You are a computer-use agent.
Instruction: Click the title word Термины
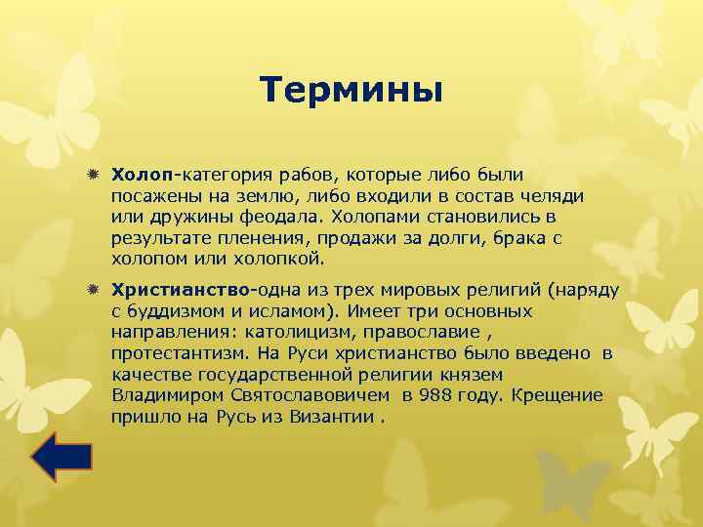coord(351,91)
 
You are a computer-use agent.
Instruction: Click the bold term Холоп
coord(143,175)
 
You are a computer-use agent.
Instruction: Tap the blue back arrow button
coord(62,458)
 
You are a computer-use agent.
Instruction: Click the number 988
coord(436,396)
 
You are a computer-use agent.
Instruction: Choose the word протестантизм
coord(175,354)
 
